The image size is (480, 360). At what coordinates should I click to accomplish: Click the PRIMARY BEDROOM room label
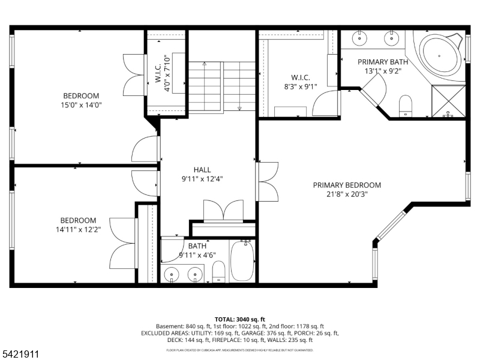coord(347,185)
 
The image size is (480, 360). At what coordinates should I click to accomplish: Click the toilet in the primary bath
coord(406,105)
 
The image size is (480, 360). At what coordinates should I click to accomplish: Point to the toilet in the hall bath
coord(219,271)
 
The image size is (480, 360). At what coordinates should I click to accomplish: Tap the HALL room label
coord(202,170)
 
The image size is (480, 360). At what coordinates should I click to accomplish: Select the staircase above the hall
coord(221,86)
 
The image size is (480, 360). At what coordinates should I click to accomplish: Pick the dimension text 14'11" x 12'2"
coord(78,229)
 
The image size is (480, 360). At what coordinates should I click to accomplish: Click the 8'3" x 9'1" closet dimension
coord(300,86)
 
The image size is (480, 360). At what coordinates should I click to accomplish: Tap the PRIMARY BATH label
coord(383,62)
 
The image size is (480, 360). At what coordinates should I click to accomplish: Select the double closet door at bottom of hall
coord(223,211)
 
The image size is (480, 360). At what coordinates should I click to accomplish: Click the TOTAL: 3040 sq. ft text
coord(239,319)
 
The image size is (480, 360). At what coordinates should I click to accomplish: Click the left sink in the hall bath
coord(173,275)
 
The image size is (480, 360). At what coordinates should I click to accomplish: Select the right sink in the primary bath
coord(391,38)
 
